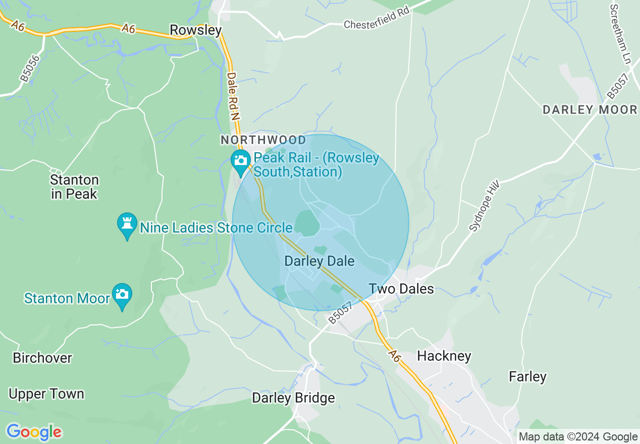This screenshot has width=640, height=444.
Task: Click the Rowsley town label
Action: coord(195,31)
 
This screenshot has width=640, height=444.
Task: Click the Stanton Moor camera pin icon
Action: coord(122,295)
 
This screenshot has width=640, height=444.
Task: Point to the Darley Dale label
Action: coord(319,261)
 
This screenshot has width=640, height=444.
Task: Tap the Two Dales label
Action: coord(401,289)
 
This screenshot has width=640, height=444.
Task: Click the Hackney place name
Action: coord(444,356)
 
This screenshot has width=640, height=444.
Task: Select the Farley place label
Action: coord(527,377)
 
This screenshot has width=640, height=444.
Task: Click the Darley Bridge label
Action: coord(293,398)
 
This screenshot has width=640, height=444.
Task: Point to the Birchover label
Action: coord(42,358)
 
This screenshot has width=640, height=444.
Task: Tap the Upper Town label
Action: coord(46,394)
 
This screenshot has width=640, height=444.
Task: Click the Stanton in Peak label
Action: coord(74,187)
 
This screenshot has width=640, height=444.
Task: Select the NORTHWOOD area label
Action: coord(263,140)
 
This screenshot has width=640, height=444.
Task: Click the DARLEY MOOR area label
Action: coord(590,110)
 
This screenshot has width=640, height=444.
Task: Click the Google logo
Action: coord(34,432)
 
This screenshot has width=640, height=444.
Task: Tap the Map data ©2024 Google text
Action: coord(578,437)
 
